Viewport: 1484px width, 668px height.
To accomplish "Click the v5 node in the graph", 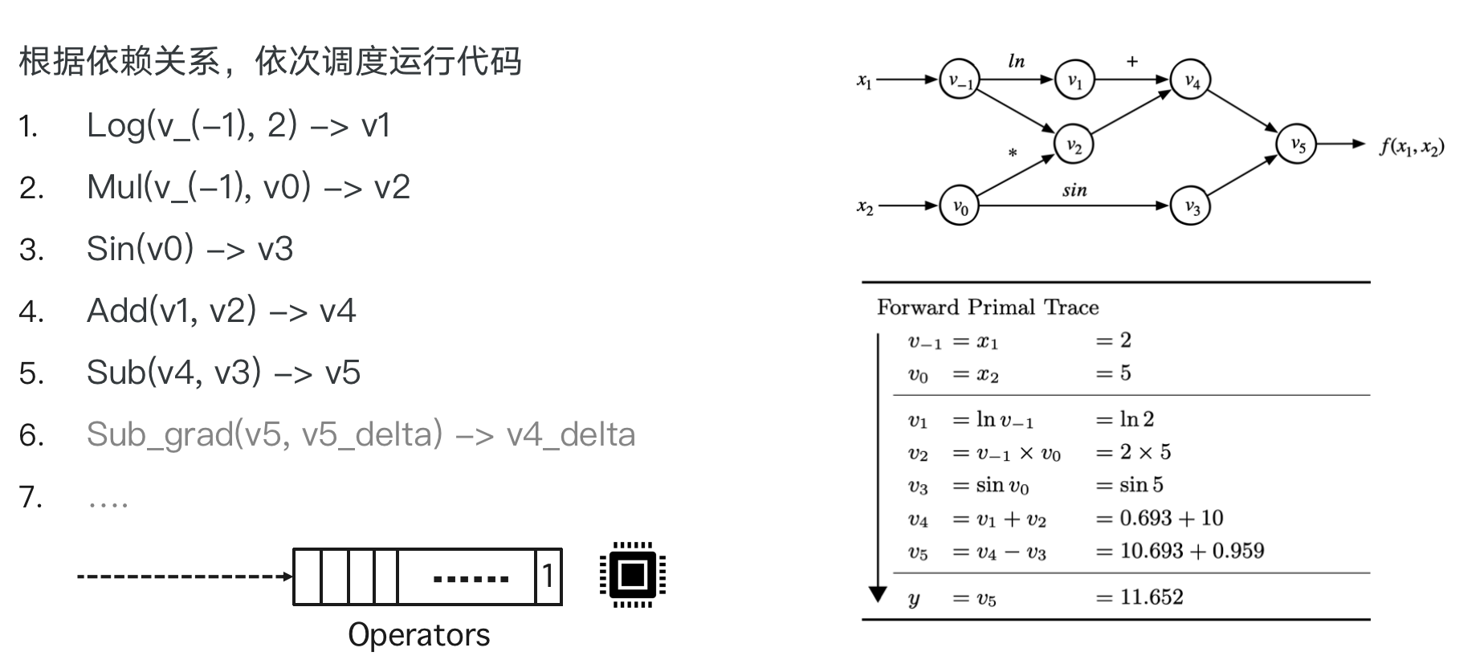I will (x=1296, y=145).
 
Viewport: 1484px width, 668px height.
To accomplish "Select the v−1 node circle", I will (x=960, y=80).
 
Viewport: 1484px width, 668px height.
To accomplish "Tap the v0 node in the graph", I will (x=960, y=206).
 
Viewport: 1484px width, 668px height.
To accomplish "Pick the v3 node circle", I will (x=1191, y=206).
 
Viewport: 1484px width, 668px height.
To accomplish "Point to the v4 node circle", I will (x=1191, y=80).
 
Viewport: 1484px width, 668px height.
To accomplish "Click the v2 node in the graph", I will (x=1074, y=145).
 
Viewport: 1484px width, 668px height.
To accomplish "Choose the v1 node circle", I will (x=1074, y=80).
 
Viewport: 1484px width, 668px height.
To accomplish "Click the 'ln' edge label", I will (x=1016, y=61).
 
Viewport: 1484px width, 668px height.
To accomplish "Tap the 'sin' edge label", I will (x=1074, y=190).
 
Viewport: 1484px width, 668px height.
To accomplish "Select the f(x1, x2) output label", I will (x=1412, y=146).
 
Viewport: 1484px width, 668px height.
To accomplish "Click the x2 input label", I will (x=865, y=206).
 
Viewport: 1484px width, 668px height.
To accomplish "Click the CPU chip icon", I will (x=633, y=575).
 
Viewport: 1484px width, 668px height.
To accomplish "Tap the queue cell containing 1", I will (x=548, y=576).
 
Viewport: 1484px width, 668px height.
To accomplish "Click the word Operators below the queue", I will (x=418, y=634).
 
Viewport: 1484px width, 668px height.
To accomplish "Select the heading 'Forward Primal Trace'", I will (x=987, y=308).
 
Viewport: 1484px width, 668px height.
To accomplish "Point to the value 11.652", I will (x=1151, y=597).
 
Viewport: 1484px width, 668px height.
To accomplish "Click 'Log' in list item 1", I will (x=116, y=126).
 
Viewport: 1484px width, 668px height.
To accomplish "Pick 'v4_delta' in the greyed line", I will (x=571, y=434).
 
